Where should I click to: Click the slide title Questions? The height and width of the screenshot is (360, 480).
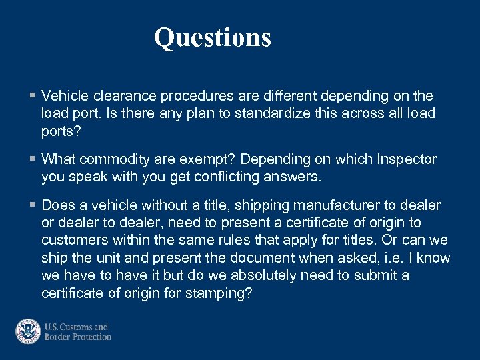click(213, 37)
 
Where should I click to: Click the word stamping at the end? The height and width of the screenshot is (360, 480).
click(222, 293)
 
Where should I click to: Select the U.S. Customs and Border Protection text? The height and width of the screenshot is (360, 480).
click(77, 332)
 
